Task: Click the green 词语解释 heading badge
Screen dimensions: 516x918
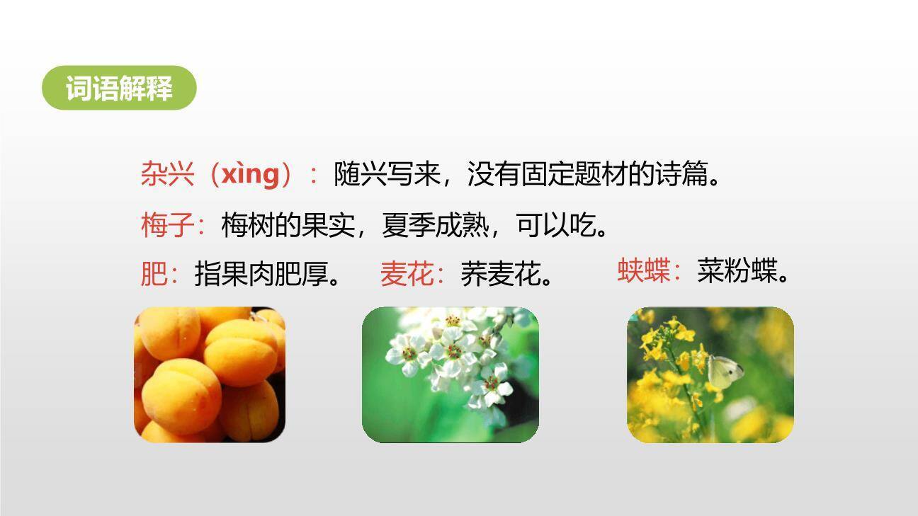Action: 119,88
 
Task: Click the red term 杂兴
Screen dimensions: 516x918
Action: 167,174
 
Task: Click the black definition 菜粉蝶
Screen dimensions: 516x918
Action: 737,270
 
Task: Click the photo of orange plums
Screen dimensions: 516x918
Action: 210,374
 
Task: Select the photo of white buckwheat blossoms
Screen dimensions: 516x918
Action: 450,374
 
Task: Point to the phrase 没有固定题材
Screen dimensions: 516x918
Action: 534,174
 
